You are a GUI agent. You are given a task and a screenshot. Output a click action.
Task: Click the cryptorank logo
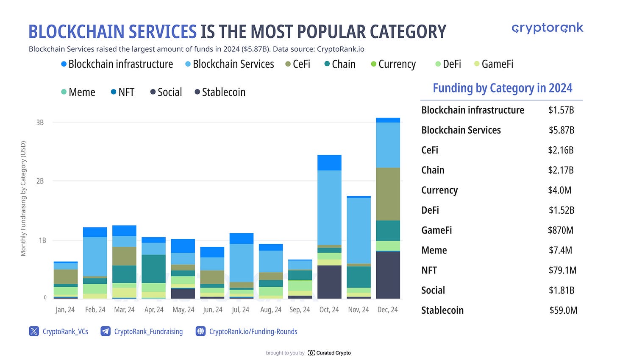point(547,28)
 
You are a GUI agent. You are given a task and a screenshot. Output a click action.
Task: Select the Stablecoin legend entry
point(220,92)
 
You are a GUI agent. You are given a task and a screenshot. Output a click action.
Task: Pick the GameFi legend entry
point(494,64)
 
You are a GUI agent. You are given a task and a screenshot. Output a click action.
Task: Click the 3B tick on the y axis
point(40,123)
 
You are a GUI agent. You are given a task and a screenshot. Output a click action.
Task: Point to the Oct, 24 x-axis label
point(329,310)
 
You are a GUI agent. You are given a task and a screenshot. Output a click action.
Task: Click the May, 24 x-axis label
point(183,310)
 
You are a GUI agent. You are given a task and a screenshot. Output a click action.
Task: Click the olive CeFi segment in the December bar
point(388,194)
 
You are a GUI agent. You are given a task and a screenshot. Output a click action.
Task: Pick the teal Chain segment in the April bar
point(154,268)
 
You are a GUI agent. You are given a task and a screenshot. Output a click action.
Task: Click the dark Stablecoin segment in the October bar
point(329,282)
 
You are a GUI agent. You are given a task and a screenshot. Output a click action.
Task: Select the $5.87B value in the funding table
point(561,130)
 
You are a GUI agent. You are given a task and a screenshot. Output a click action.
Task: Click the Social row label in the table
point(433,290)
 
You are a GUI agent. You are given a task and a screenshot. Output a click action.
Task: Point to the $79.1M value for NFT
point(562,271)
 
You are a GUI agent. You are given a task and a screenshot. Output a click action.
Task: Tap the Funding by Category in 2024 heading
point(502,88)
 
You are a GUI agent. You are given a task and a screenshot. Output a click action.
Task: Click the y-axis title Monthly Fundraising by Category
point(23,198)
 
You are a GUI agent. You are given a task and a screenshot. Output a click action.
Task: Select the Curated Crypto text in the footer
point(333,353)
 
